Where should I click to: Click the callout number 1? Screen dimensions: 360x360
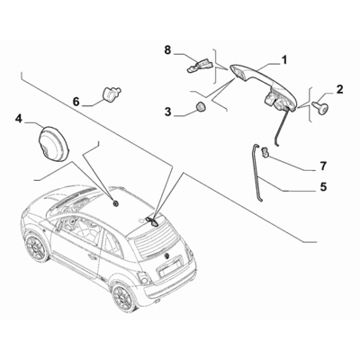click(x=283, y=60)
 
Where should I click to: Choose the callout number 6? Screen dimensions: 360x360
click(x=76, y=101)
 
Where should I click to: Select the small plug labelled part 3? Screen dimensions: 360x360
click(x=198, y=109)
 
